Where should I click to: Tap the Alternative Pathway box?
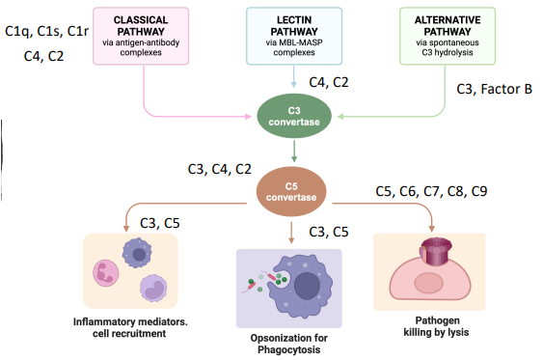(x=444, y=35)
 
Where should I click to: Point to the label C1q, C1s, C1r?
(x=46, y=31)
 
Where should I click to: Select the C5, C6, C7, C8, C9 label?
(x=430, y=191)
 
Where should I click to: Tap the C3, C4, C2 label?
(x=219, y=171)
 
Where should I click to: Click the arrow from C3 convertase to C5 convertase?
(x=293, y=151)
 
